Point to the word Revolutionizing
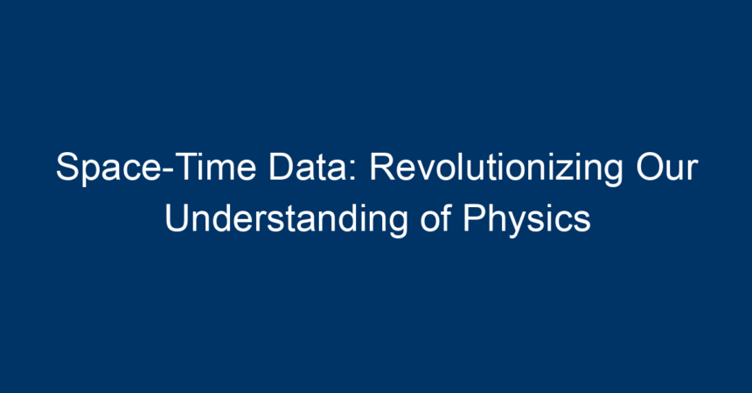[496, 169]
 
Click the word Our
[667, 168]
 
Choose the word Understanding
[286, 219]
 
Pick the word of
[436, 218]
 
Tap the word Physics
[526, 220]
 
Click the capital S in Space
[67, 168]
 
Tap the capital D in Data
[281, 168]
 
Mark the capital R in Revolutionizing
[382, 168]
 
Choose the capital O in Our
[650, 168]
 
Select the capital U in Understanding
[177, 218]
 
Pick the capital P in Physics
[474, 218]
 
